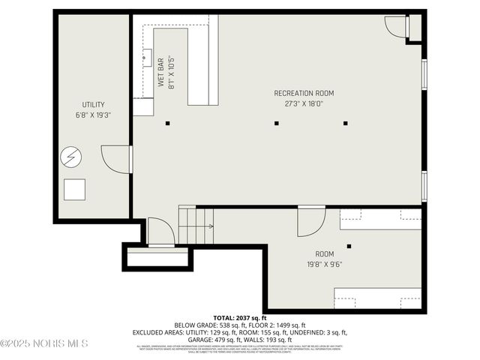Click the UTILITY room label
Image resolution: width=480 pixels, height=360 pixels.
click(x=94, y=104)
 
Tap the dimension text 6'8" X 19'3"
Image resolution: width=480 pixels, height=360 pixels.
click(x=94, y=115)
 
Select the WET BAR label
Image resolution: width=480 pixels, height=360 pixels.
click(x=160, y=72)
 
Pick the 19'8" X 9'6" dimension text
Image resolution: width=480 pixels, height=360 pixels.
click(x=324, y=264)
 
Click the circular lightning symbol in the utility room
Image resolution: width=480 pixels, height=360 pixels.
click(x=71, y=157)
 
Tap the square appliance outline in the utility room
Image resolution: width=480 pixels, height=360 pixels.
click(x=74, y=190)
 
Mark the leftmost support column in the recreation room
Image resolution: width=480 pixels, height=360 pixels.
click(x=168, y=123)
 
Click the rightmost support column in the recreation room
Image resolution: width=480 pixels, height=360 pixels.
click(x=346, y=123)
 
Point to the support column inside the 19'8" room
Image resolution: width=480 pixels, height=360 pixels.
click(x=349, y=245)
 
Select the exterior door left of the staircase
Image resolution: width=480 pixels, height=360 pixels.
click(x=160, y=232)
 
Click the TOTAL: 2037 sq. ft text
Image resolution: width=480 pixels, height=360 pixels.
click(x=239, y=318)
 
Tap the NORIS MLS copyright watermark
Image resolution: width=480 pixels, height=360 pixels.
click(x=45, y=343)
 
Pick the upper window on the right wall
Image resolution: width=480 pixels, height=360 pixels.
click(x=424, y=73)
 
